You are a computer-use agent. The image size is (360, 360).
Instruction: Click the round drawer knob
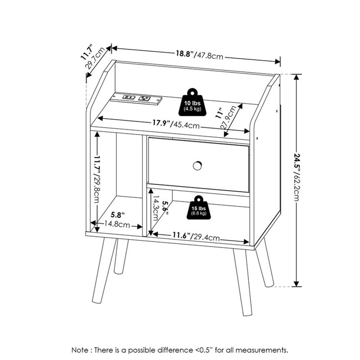point(197,166)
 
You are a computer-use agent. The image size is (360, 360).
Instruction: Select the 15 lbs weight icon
point(199,208)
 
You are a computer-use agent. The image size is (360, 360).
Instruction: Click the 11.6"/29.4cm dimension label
point(196,236)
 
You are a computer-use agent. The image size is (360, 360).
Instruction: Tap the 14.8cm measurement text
point(117,224)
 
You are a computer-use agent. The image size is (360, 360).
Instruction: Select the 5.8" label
point(118,215)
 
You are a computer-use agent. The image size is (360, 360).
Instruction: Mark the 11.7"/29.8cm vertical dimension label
point(97,179)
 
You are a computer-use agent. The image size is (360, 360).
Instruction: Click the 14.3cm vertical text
point(156,208)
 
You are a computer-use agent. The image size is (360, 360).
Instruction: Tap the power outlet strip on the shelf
point(136,99)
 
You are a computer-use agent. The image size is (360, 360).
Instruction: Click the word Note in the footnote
point(80,350)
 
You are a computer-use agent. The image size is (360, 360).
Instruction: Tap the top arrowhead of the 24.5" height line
point(297,77)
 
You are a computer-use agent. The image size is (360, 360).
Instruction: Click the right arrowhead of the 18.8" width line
point(278,61)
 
